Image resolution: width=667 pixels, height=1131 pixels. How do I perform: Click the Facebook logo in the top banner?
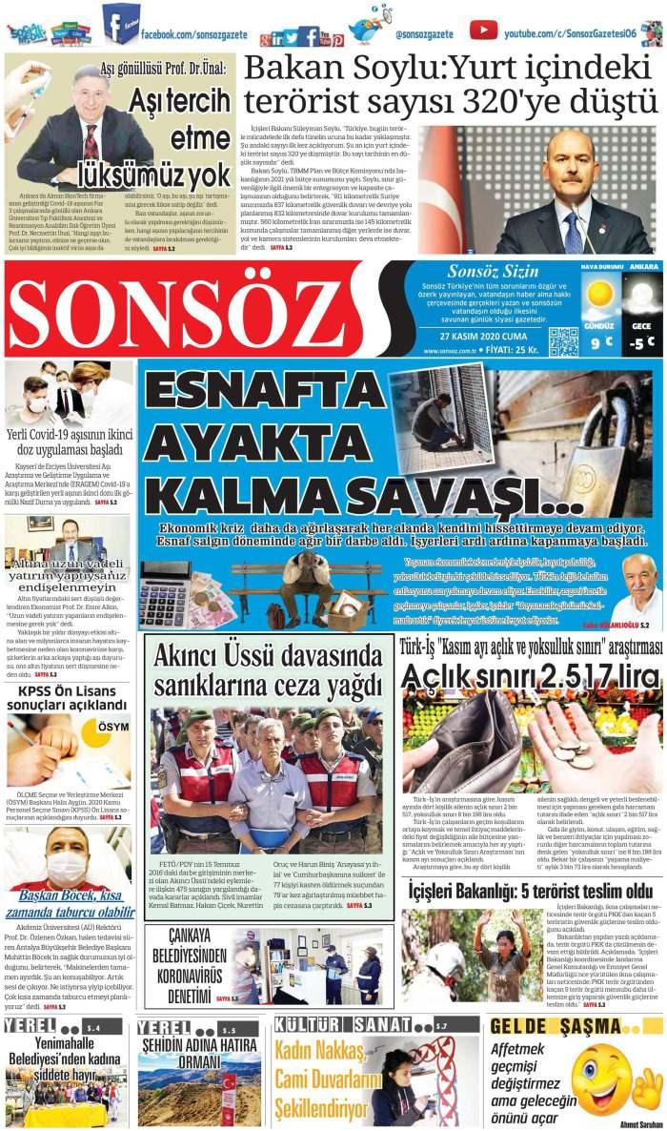pos(120,23)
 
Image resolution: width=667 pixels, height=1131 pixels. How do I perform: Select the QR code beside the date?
pos(562,340)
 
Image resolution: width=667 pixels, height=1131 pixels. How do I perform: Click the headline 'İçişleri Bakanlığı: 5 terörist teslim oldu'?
pos(531,891)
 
